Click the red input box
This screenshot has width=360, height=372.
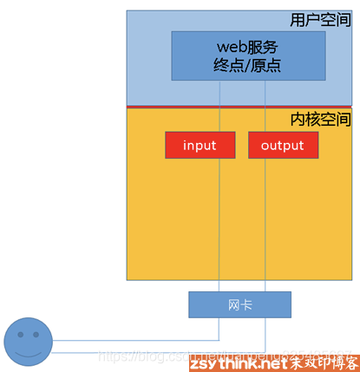point(200,145)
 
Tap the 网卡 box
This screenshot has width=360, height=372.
point(239,304)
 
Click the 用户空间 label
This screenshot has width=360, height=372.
point(321,19)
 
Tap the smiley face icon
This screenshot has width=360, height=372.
point(29,341)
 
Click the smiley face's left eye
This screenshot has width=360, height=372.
point(20,334)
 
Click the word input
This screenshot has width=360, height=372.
point(200,145)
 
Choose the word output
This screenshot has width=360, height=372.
point(282,145)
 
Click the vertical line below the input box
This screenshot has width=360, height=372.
point(219,225)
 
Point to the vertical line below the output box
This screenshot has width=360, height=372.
point(265,225)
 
